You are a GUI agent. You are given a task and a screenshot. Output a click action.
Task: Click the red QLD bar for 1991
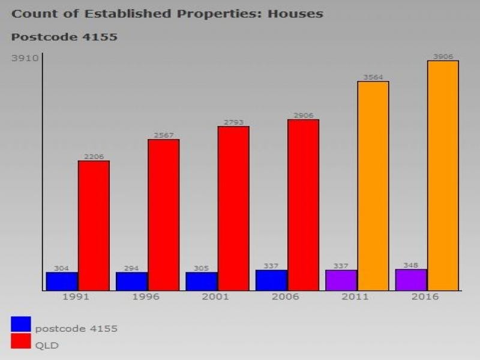94,226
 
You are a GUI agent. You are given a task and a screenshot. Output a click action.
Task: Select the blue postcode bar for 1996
131,281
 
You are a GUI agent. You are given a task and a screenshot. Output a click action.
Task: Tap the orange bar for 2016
443,175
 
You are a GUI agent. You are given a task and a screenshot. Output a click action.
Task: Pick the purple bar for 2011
341,280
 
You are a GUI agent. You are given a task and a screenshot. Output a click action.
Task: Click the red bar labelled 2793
233,208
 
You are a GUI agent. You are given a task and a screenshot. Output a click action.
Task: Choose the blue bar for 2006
271,280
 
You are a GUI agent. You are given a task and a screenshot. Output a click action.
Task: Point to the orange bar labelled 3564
373,186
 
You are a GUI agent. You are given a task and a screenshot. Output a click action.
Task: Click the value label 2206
94,157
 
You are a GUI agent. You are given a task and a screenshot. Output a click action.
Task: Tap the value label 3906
443,56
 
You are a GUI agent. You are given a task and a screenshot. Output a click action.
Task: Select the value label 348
411,265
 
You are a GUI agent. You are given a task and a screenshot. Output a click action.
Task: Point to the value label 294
131,268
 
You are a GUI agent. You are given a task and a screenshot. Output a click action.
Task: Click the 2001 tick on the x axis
215,297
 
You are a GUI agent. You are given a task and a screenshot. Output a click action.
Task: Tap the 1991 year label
76,297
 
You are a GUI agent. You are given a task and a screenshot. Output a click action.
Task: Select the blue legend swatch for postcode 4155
21,325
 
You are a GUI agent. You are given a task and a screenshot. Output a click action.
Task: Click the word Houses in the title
293,13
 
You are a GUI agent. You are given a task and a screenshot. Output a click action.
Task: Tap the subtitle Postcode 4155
64,37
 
